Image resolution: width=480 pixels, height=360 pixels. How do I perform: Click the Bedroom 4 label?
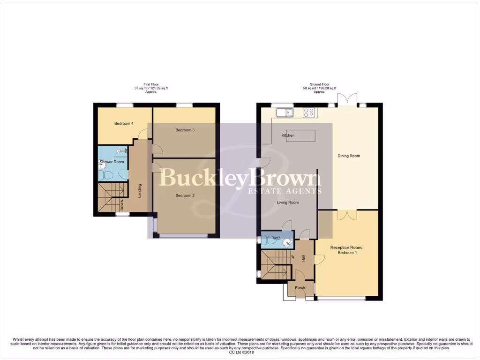pyautogui.click(x=124, y=124)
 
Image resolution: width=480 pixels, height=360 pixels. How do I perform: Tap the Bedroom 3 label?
pyautogui.click(x=185, y=130)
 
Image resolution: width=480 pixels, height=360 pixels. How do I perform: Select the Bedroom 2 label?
pyautogui.click(x=185, y=195)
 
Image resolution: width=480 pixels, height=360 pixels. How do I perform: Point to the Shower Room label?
pyautogui.click(x=112, y=162)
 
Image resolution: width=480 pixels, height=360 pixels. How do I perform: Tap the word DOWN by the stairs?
pyautogui.click(x=121, y=205)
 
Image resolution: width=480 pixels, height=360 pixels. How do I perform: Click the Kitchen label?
pyautogui.click(x=288, y=135)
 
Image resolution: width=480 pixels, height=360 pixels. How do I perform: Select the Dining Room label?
pyautogui.click(x=349, y=156)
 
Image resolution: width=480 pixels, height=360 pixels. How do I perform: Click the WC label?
pyautogui.click(x=276, y=239)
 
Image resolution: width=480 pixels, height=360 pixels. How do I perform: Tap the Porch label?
pyautogui.click(x=300, y=288)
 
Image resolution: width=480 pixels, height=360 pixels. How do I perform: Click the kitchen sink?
pyautogui.click(x=285, y=112)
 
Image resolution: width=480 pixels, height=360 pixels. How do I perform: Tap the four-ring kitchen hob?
pyautogui.click(x=308, y=112)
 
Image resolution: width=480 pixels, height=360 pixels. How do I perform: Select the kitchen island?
pyautogui.click(x=305, y=135)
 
